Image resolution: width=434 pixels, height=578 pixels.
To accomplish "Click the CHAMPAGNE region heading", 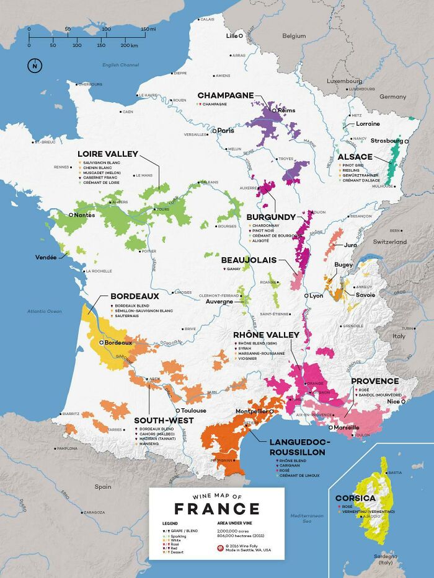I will click(226, 95).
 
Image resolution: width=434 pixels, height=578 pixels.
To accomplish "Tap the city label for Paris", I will click(225, 131).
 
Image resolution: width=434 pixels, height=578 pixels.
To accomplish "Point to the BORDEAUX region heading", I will click(130, 297).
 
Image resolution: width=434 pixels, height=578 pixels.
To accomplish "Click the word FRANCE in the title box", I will click(216, 509).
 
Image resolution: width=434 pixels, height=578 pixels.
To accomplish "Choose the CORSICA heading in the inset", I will click(355, 497).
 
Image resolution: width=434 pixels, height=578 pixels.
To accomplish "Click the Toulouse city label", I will click(193, 410).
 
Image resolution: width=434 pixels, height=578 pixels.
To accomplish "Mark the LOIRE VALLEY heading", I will click(107, 154).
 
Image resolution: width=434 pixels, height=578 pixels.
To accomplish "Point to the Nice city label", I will click(393, 401).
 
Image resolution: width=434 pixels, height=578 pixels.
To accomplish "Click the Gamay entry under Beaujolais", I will click(234, 269).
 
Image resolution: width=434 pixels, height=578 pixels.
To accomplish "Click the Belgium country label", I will click(294, 36).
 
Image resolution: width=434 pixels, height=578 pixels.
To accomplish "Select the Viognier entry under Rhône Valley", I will click(249, 359).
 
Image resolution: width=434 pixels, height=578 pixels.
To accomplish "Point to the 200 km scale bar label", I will click(129, 45).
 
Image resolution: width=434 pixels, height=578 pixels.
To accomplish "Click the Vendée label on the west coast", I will click(46, 257).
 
